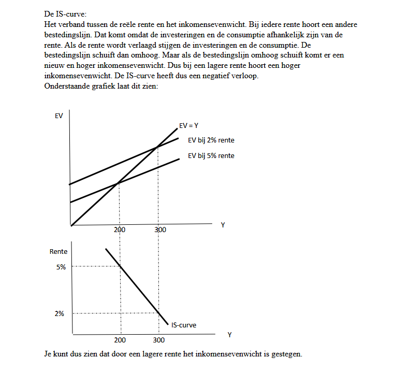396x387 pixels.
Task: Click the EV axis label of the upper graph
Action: pyautogui.click(x=58, y=116)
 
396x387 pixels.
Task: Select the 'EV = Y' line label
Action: pyautogui.click(x=189, y=125)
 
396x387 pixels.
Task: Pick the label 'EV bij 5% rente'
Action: pyautogui.click(x=211, y=155)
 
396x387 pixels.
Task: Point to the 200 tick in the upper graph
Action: pyautogui.click(x=120, y=230)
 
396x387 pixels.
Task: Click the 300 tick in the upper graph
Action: pyautogui.click(x=160, y=230)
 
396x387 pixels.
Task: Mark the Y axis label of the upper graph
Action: pyautogui.click(x=223, y=225)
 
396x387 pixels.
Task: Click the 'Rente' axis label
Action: pyautogui.click(x=58, y=251)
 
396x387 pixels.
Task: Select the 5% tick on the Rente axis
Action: pyautogui.click(x=61, y=267)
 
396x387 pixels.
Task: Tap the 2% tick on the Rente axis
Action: pyautogui.click(x=61, y=313)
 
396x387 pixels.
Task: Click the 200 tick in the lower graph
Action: pyautogui.click(x=120, y=340)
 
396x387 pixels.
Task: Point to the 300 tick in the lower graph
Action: pyautogui.click(x=159, y=340)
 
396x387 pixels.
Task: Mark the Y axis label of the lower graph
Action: pyautogui.click(x=229, y=335)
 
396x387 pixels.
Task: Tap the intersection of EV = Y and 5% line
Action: pyautogui.click(x=120, y=182)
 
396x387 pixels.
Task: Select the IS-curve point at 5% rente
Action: pyautogui.click(x=120, y=266)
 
